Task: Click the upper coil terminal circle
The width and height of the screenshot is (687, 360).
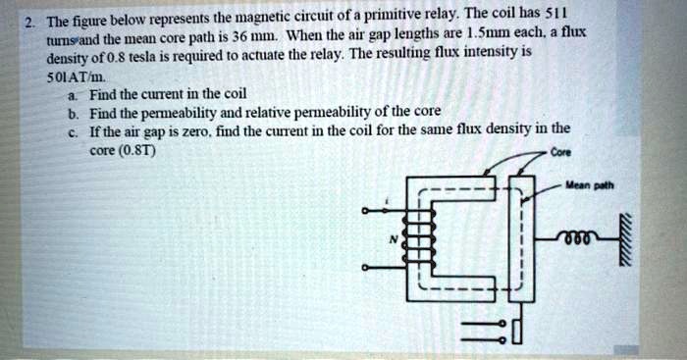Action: click(x=365, y=210)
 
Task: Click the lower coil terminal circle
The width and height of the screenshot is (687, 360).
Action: click(x=365, y=267)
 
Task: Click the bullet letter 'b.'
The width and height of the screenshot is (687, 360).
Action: click(x=77, y=113)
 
